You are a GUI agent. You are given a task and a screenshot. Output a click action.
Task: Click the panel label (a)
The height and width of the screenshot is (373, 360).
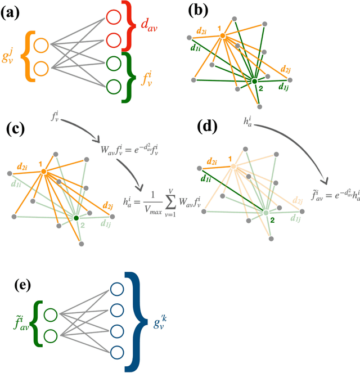[15, 14]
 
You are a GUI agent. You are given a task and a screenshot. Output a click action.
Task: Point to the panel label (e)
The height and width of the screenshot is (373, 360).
[19, 285]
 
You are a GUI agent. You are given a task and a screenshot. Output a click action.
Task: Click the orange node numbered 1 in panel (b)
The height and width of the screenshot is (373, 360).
[223, 35]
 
